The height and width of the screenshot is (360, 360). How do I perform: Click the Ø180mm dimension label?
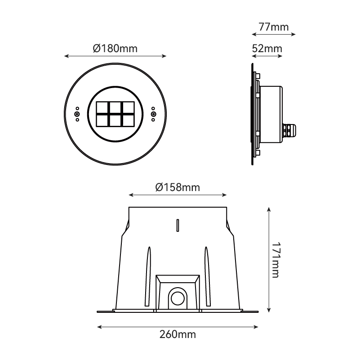115,49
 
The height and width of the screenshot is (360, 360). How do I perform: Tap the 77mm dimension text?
273,27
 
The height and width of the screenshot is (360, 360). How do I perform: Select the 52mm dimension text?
267,49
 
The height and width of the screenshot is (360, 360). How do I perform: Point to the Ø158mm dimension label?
178,187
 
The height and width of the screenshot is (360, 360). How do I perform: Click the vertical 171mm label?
275,260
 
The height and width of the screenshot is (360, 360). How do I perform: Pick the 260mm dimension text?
178,334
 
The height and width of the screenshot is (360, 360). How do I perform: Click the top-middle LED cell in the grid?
115,107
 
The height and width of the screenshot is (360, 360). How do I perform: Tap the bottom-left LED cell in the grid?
102,120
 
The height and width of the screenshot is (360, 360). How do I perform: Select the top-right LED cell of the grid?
129,107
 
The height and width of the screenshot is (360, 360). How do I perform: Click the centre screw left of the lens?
77,114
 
